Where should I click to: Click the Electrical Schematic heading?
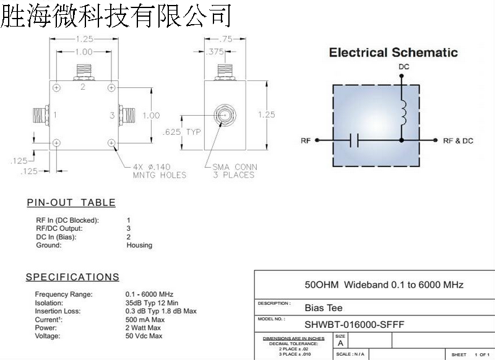coord(393,53)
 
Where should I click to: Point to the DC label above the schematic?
coord(403,67)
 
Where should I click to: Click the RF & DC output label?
coord(458,141)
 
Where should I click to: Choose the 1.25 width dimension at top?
coord(84,39)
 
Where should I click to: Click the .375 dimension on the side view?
coord(216,52)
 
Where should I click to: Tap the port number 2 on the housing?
coord(83,87)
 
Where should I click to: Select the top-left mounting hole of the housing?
coord(56,87)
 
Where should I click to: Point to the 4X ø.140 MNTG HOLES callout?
coord(159,171)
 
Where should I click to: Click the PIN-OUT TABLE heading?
coord(71,202)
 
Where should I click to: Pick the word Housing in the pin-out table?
coord(139,245)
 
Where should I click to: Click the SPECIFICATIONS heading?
coord(72,277)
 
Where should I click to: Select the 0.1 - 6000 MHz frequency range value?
coord(149,294)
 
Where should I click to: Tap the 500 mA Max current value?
coord(145,320)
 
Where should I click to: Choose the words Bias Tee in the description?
coord(323,307)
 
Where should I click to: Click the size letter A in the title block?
coord(340,343)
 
